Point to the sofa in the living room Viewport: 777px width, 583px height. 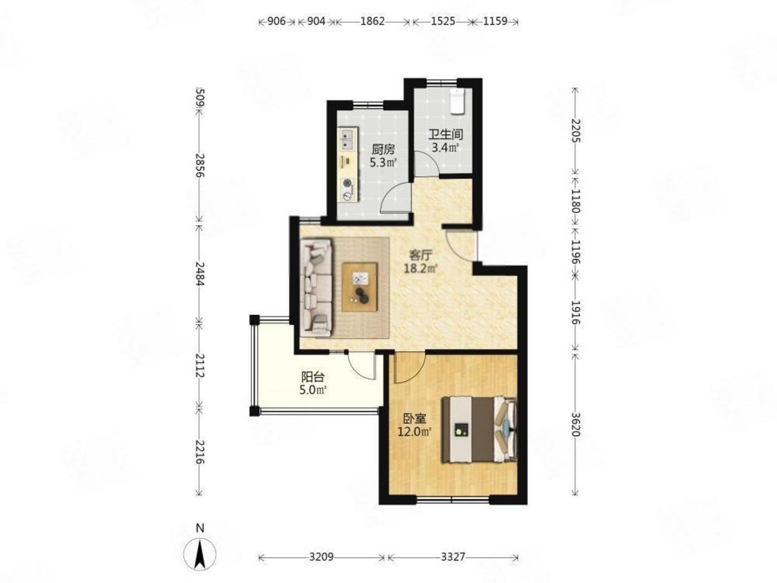coord(316,287)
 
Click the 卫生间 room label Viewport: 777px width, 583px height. coord(446,135)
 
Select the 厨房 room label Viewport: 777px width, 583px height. coord(383,150)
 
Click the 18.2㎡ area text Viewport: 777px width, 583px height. coord(420,268)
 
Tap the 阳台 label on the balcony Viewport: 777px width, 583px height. coord(312,377)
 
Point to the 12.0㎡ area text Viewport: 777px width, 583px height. coord(414,431)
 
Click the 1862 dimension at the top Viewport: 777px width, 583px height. coord(372,21)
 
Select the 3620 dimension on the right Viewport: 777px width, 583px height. coord(575,424)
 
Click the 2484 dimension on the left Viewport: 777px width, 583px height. coord(200,273)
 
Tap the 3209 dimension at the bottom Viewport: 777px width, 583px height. coord(321,557)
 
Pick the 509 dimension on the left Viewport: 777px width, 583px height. coord(200,97)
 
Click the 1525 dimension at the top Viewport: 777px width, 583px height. coord(442,21)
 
